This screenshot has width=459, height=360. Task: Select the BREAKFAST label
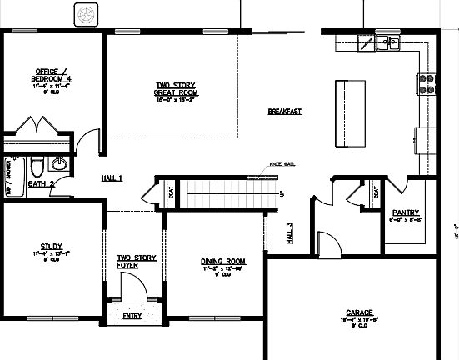[x=284, y=112]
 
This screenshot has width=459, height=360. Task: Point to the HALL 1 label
[x=112, y=178]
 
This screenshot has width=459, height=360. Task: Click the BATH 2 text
[x=41, y=182]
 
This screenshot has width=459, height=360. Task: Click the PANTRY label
[x=405, y=212]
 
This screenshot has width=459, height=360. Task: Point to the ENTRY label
[x=132, y=317]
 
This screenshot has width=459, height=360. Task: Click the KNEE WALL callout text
[x=282, y=164]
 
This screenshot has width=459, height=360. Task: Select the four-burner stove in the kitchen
[x=427, y=83]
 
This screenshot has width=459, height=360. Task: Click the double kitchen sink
[x=387, y=42]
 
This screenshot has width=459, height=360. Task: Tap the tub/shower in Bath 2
[x=12, y=167]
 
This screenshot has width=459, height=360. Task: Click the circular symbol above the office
[x=87, y=14]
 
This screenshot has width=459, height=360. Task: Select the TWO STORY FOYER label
[x=136, y=262]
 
